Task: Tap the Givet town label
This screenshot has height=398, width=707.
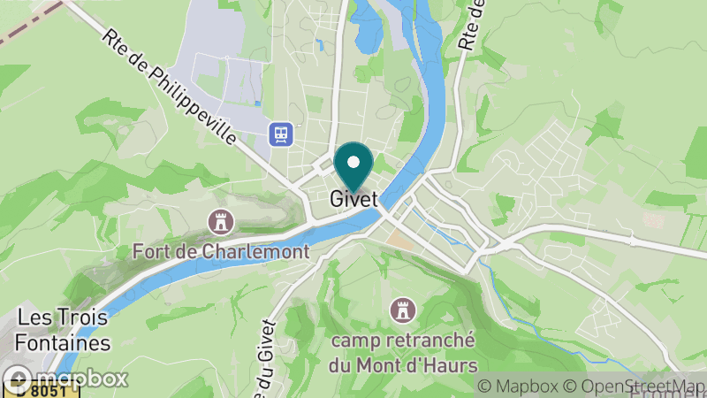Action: pos(353,200)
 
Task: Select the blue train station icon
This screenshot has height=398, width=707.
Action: pos(281,134)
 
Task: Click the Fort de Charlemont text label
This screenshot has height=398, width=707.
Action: pos(220,251)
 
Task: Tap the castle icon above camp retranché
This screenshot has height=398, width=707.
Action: pos(403,309)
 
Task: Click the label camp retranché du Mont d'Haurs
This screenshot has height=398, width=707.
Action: pos(403,352)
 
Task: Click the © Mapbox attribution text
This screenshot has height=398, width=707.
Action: pos(517,387)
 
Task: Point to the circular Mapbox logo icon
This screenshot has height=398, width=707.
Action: pos(16,379)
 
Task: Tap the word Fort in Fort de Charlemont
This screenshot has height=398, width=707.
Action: pos(149,251)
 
